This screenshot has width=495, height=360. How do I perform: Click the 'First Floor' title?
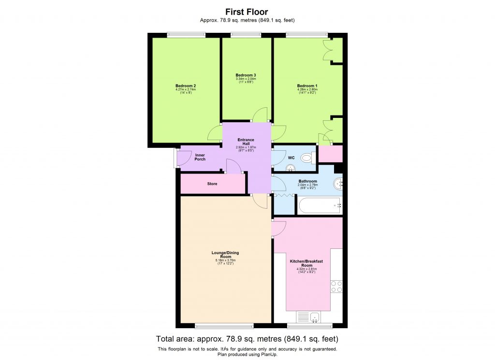(x=247, y=12)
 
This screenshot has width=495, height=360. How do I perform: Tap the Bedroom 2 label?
(x=185, y=86)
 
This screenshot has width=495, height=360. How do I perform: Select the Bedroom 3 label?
(x=246, y=75)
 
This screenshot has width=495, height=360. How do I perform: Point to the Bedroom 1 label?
(x=307, y=86)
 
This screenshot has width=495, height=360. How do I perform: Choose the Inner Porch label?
(x=200, y=157)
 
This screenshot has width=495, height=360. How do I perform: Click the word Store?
(x=212, y=184)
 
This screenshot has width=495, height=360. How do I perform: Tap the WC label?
(x=291, y=158)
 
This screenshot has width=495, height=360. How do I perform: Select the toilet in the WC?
(x=307, y=158)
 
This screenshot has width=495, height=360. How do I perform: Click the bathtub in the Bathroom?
(x=319, y=206)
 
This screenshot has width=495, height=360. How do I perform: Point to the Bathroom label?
(x=307, y=181)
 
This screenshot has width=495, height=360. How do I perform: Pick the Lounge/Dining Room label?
(x=225, y=255)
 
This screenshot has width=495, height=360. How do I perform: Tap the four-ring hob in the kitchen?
(x=336, y=287)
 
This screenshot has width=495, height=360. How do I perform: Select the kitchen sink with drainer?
(x=309, y=317)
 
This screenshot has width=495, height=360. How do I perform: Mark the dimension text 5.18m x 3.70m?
(x=225, y=261)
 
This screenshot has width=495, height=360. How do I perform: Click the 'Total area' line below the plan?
(x=247, y=339)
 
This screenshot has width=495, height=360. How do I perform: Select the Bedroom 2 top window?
(x=186, y=34)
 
